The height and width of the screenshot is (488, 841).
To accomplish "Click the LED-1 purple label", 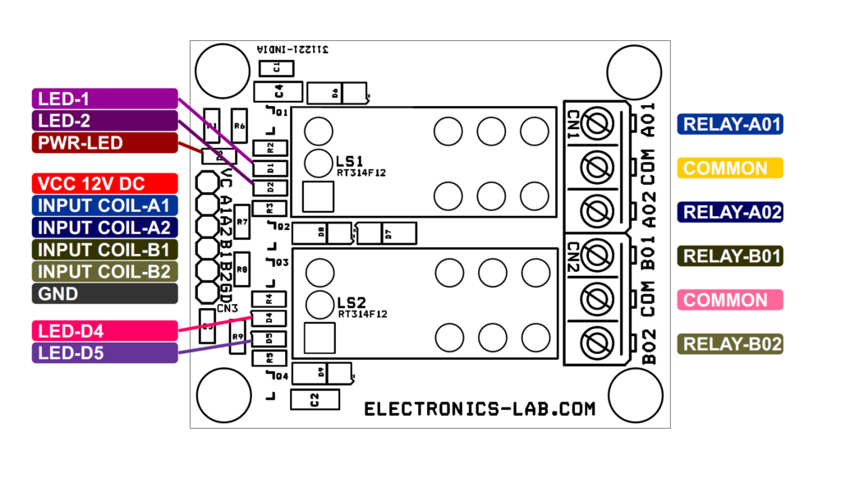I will click(x=105, y=99).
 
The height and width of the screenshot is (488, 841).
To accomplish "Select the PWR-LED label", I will click(x=105, y=143).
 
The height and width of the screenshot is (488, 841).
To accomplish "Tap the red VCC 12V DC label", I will click(x=105, y=183).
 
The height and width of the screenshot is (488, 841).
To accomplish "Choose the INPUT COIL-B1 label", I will click(x=105, y=250).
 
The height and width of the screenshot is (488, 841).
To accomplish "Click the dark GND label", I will click(x=105, y=293).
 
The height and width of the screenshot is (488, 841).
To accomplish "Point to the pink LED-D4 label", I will click(x=105, y=331).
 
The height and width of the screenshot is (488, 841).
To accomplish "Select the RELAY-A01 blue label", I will click(x=730, y=124).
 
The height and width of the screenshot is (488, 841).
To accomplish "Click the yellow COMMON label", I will click(x=730, y=168).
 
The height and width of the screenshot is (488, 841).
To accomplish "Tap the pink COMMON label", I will click(x=730, y=300).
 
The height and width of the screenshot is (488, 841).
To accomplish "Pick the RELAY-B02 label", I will click(x=730, y=344).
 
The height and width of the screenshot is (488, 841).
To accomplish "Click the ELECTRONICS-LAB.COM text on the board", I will click(x=480, y=408).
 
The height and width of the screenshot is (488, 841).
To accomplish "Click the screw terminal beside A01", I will click(x=594, y=124).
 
